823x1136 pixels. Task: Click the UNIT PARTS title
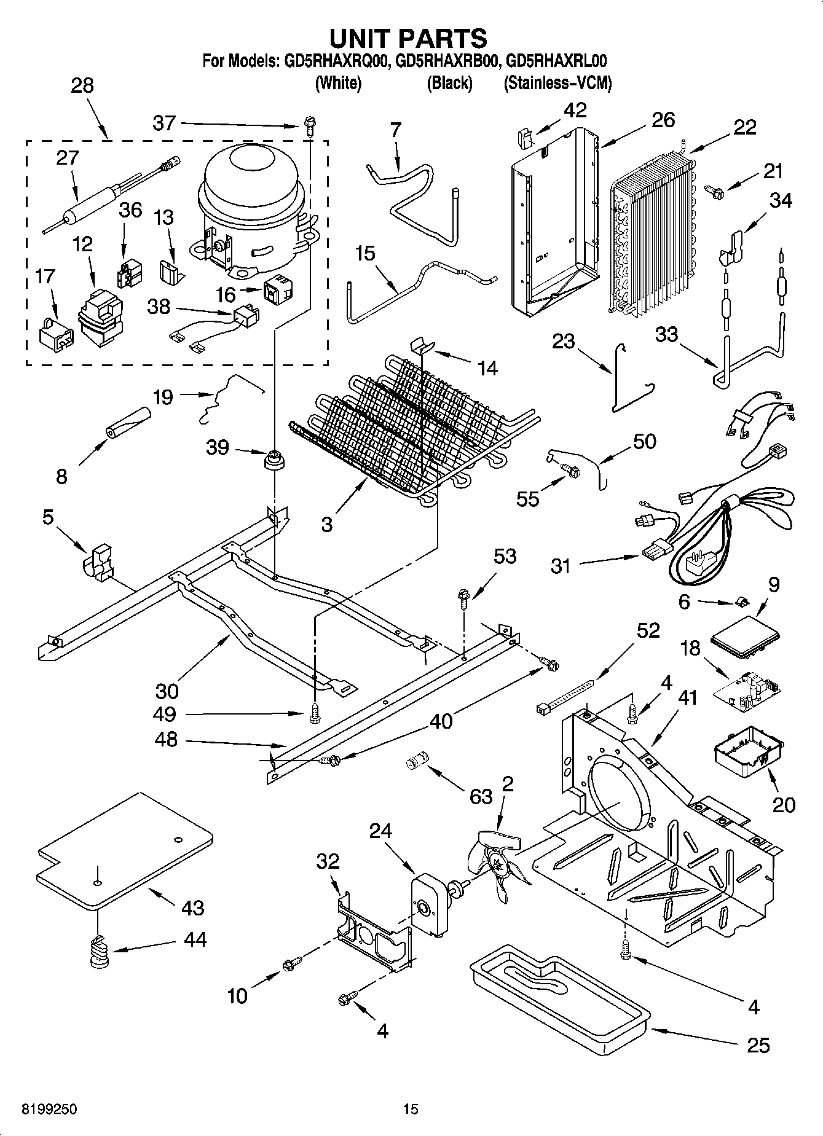coord(409,38)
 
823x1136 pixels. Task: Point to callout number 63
coord(481,796)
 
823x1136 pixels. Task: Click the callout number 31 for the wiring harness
coord(561,565)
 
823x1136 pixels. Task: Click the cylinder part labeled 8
coord(128,424)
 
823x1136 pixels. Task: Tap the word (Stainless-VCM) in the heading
coord(557,84)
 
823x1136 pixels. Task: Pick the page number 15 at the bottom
coord(411,1109)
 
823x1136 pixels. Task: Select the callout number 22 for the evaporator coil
coord(744,127)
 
